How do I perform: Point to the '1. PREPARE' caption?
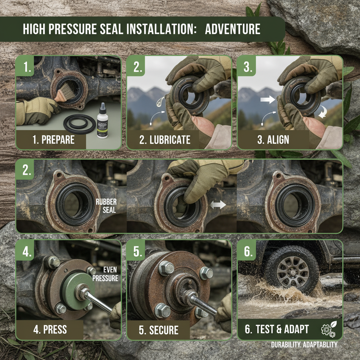pos(53,140)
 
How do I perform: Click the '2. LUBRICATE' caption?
pos(165,140)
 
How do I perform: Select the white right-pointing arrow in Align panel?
pos(268,100)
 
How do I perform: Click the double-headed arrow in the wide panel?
pos(218,205)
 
